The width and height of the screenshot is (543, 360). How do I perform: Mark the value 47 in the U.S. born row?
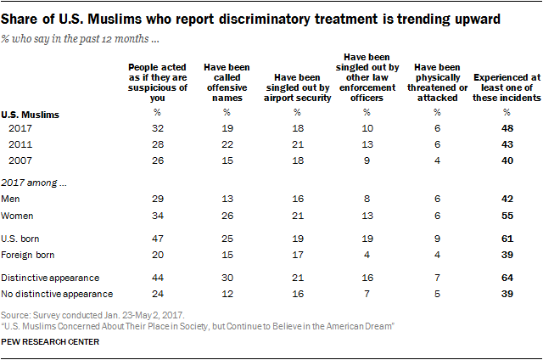tap(156, 238)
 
